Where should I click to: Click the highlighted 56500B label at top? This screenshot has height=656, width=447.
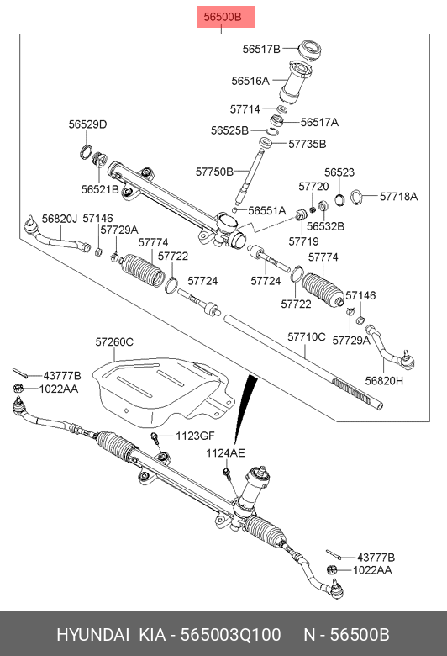pos(226,17)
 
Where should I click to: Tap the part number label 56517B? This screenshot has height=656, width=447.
pos(261,49)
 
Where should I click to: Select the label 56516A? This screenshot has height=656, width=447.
pos(250,81)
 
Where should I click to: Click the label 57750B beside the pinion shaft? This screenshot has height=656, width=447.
pos(214,172)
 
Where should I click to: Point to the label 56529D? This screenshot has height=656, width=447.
pos(88,124)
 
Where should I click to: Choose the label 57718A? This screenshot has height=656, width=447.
pos(398,196)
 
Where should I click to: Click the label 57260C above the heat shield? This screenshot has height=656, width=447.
pos(114,341)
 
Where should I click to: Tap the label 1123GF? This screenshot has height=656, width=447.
pos(195,436)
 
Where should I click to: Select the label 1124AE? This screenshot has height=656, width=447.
pos(225,453)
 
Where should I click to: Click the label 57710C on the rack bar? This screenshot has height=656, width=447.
pos(307,336)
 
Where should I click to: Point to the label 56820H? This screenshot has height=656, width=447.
pos(384,381)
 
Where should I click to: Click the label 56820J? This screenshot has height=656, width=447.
pos(60,219)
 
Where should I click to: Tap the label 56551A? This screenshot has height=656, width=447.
pos(267,210)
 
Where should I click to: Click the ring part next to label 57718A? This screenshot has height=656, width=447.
pos(357,196)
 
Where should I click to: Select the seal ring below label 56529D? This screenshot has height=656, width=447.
pos(87,151)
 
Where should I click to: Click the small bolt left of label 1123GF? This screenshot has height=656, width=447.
pos(155,438)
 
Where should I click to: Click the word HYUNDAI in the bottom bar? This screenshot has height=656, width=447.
pos(92,635)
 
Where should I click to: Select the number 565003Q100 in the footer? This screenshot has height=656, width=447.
pos(230,635)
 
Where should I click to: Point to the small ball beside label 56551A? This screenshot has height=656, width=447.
pos(235,209)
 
